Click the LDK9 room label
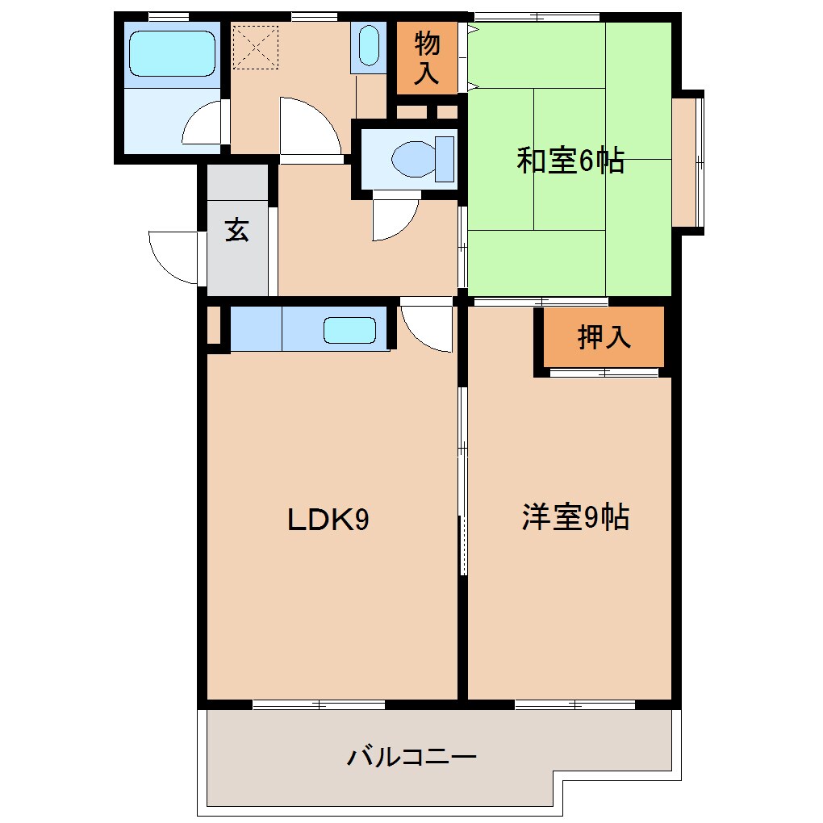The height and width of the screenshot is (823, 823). (328, 520)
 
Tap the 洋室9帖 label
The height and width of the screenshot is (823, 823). (575, 518)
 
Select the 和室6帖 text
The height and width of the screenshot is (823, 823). (570, 161)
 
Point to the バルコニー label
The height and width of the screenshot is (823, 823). (412, 757)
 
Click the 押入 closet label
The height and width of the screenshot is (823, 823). (604, 337)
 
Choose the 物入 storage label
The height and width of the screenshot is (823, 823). (427, 58)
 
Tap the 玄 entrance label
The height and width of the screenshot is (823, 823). (236, 231)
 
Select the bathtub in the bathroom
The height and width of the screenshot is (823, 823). (172, 53)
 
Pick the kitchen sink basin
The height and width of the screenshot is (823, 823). (349, 331)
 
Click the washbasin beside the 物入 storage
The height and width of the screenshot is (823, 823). (369, 45)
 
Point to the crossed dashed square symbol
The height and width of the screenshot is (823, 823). (255, 47)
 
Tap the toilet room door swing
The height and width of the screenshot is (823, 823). (394, 218)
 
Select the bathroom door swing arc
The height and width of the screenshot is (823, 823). (202, 125)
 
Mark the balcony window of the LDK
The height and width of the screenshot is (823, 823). (319, 704)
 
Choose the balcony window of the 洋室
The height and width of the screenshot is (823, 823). (575, 704)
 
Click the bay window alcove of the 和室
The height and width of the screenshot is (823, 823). (687, 161)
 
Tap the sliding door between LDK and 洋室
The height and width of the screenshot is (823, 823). (463, 480)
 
